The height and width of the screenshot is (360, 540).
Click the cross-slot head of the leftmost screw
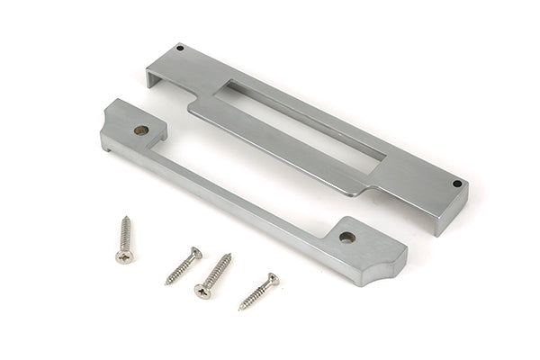[x=124, y=256]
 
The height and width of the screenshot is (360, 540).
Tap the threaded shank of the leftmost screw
[x=124, y=236]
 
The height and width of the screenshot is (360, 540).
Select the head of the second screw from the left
[x=195, y=253]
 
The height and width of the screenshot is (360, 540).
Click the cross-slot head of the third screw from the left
[x=202, y=291]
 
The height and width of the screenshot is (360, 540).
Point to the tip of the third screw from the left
[x=229, y=255]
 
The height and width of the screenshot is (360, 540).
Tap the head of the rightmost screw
[x=272, y=279]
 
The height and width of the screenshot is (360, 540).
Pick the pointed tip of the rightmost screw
[x=239, y=310]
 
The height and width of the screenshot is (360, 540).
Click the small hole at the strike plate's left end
[x=179, y=48]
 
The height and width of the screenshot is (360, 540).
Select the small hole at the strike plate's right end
[x=456, y=184]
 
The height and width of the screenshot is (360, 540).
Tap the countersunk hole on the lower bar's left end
[x=139, y=130]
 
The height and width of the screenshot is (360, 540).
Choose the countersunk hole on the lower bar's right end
[x=346, y=238]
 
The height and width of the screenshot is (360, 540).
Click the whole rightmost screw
[x=258, y=292]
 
